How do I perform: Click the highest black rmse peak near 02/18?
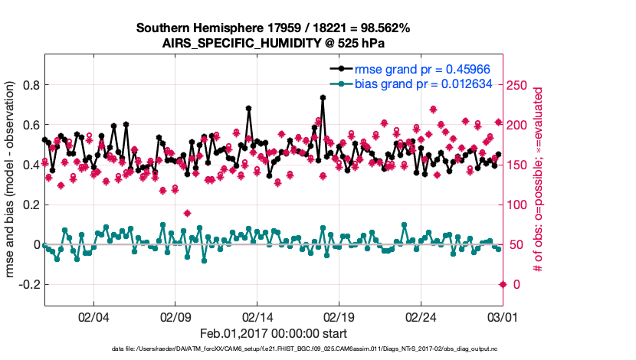[x=323, y=97]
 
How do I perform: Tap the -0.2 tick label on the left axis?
[x=27, y=284]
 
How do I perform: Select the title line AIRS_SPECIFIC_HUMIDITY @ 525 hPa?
[x=274, y=44]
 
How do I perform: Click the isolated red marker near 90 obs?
[x=188, y=213]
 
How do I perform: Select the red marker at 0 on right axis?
[x=503, y=284]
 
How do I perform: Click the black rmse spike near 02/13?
[x=249, y=109]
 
